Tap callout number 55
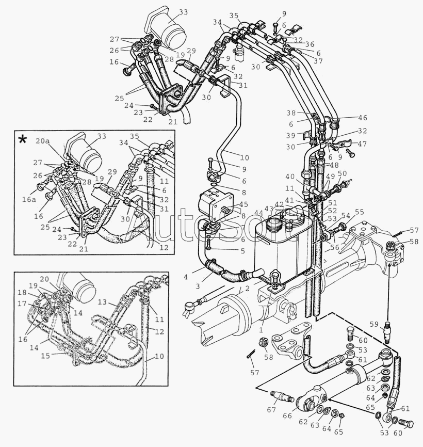tap(359, 212)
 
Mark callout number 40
tap(305, 177)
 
